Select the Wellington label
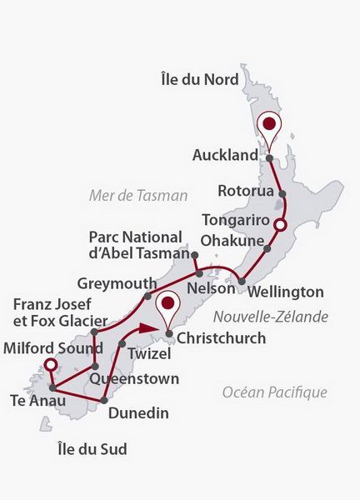tap(286, 292)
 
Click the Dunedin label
tap(140, 412)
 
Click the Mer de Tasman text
tap(138, 195)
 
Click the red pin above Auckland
tap(268, 127)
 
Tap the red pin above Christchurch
tap(169, 305)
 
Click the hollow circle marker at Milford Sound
tap(51, 365)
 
